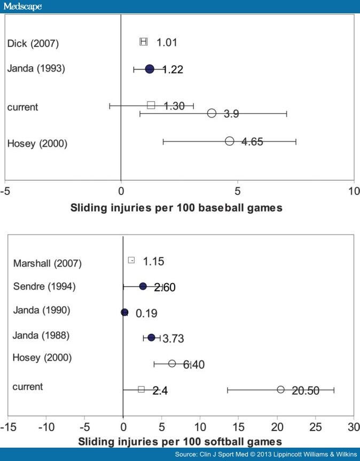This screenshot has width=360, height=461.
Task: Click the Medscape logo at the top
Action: pos(22,6)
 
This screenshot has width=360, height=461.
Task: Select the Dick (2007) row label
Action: pos(33,43)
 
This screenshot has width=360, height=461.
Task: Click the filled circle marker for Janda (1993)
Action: pos(150,69)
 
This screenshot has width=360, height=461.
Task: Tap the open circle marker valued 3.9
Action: pos(212,113)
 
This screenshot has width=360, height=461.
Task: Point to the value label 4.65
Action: pos(250,142)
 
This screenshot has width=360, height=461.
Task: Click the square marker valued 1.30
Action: pos(151,105)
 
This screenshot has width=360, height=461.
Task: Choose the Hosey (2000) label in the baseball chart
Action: pos(37,143)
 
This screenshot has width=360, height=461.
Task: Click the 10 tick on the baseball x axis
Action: pos(354,191)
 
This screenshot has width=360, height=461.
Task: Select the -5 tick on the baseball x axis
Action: pos(5,191)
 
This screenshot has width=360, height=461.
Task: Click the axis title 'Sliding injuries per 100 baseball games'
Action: pos(176,208)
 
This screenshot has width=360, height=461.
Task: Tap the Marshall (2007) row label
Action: pos(48,263)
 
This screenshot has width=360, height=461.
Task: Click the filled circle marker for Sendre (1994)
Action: pos(143,286)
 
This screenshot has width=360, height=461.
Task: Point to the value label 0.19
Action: pos(146,314)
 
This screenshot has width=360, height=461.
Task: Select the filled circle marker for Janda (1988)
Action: pos(151,338)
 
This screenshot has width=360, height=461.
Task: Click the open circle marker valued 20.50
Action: pos(280,390)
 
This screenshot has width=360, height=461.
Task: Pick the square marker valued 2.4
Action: pos(141,389)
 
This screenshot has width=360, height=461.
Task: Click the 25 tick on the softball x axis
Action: pos(315,427)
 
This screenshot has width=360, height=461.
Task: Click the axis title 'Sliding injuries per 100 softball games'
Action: pos(180,442)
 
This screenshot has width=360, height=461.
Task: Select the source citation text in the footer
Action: pos(265,454)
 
